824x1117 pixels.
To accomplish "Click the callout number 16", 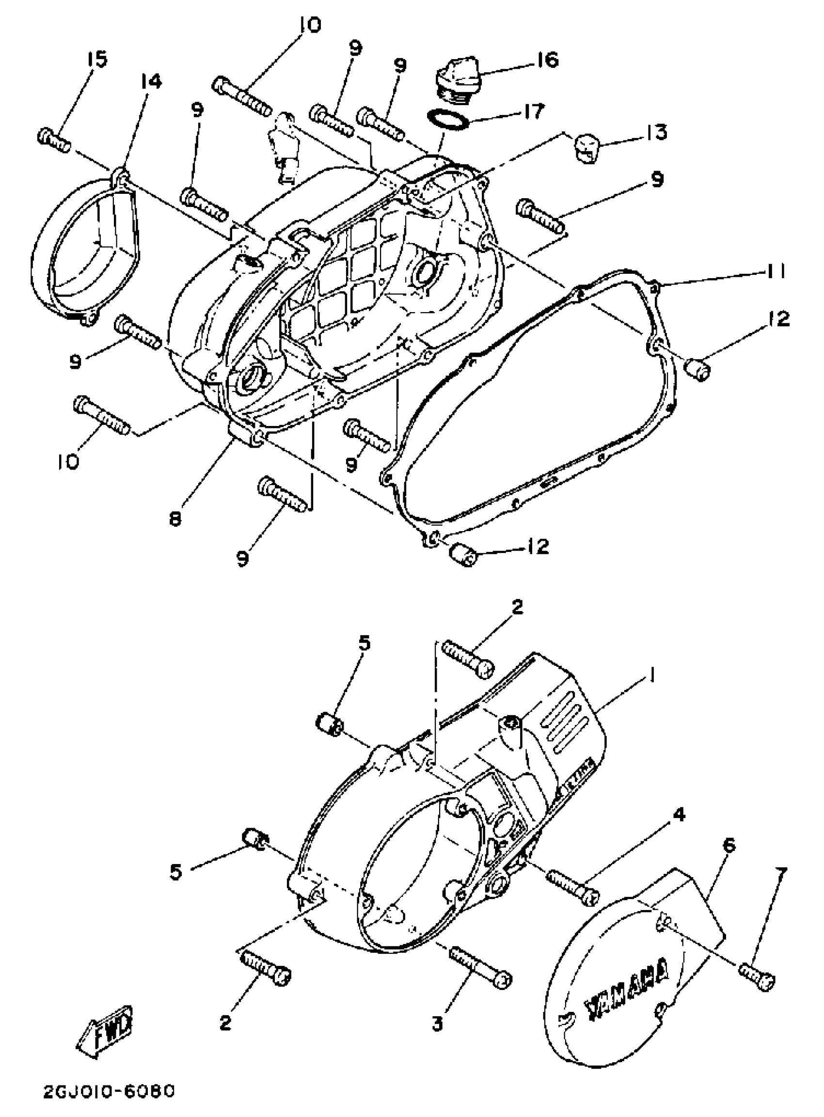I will pyautogui.click(x=547, y=61).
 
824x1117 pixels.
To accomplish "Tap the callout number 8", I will pyautogui.click(x=175, y=519).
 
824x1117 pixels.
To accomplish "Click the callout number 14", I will pyautogui.click(x=151, y=81).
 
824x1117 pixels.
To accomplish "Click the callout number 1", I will pyautogui.click(x=652, y=676).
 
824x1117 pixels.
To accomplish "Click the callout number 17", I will pyautogui.click(x=534, y=111).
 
